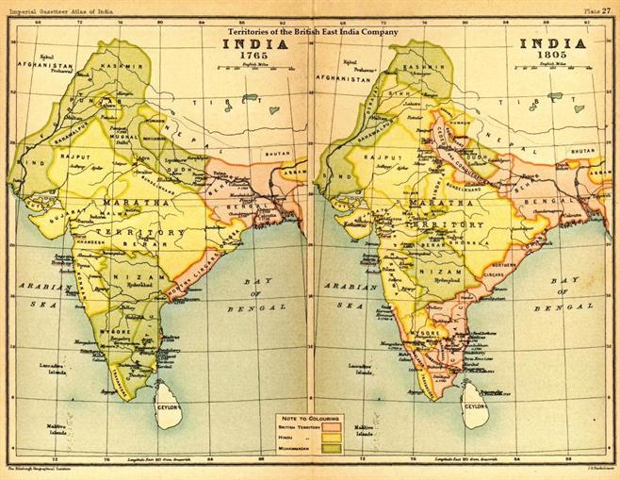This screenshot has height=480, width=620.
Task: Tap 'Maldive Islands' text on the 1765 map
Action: [41, 429]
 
